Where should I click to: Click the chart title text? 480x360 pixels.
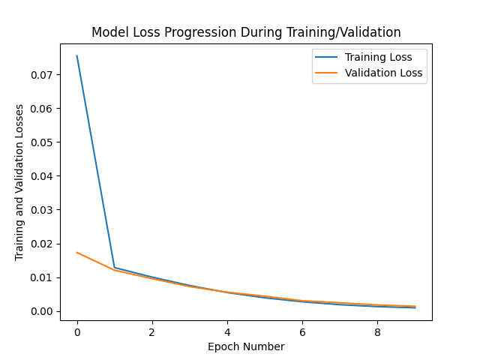point(246,33)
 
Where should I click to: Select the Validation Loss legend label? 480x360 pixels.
point(383,73)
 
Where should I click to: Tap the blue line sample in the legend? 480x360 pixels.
point(327,57)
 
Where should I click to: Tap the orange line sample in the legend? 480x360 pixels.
point(327,73)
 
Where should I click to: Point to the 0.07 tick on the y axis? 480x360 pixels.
point(42,75)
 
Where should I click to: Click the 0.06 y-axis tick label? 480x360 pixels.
point(42,109)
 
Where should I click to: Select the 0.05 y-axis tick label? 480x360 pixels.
point(42,142)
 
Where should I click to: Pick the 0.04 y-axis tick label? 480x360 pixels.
point(42,176)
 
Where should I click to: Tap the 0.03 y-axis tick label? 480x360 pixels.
point(42,210)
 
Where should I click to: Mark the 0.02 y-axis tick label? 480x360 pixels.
point(42,244)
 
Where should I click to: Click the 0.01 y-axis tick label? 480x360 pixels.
point(42,277)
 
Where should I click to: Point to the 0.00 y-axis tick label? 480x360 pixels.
point(42,311)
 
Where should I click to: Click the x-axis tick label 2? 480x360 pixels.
point(152,331)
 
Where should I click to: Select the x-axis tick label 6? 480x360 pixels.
point(302,331)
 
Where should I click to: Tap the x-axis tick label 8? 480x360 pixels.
point(377,331)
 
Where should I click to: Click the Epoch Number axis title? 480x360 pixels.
point(246,346)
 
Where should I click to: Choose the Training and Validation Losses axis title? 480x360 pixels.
point(19,182)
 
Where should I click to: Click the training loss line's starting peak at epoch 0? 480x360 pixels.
point(77,56)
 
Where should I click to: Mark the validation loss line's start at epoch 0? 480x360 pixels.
point(77,253)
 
